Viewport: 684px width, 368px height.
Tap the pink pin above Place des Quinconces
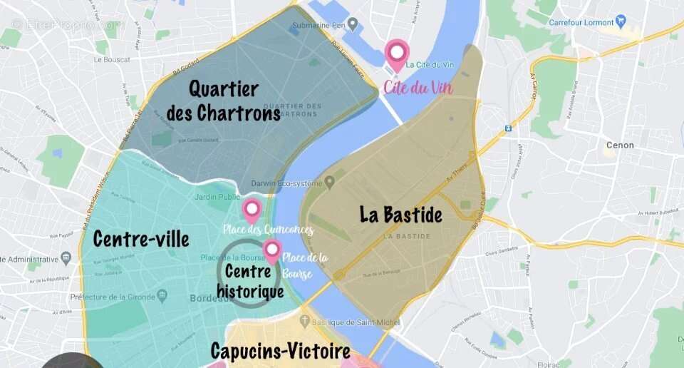coord(251,209)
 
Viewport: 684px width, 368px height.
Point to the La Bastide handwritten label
coord(400,215)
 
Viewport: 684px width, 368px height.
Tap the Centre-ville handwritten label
coord(141,239)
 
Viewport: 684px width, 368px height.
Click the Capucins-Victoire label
coord(280,351)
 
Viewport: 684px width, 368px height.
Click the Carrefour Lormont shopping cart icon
coord(621,21)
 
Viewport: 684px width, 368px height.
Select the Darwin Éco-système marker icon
coord(329,183)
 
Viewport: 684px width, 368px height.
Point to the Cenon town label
coord(619,145)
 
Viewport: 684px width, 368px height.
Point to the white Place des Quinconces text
coord(268,230)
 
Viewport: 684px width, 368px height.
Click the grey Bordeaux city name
coord(208,298)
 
